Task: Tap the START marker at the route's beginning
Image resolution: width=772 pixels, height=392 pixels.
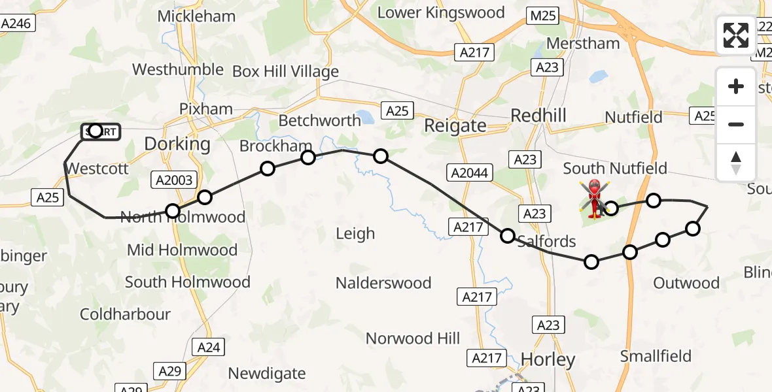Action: (100, 132)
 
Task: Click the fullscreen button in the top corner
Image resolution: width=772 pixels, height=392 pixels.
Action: (736, 35)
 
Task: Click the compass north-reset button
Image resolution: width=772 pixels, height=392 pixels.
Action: (736, 162)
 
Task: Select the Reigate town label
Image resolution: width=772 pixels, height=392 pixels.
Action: (455, 125)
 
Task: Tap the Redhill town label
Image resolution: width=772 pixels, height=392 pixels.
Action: (538, 116)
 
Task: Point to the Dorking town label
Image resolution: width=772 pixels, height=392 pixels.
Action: (177, 144)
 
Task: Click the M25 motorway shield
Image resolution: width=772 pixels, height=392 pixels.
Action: (543, 16)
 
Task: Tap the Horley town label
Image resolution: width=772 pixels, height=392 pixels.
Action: (548, 359)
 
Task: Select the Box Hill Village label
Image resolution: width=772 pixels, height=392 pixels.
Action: (285, 72)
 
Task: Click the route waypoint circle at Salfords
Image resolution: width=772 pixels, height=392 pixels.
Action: (508, 236)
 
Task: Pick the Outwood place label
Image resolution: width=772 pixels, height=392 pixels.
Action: (686, 283)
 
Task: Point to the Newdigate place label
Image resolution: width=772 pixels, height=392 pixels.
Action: (266, 374)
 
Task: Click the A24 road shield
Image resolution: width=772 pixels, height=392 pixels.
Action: (209, 348)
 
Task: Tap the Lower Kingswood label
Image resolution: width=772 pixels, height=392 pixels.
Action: (441, 12)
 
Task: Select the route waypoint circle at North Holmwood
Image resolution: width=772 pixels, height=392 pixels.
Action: (173, 210)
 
